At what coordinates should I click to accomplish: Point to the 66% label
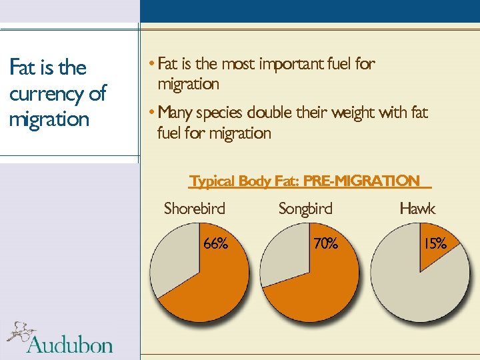click(x=215, y=244)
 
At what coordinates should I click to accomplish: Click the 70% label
click(x=325, y=244)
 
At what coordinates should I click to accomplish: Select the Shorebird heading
click(x=195, y=209)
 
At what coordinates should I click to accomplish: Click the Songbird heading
click(x=305, y=209)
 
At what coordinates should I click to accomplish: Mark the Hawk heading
click(x=417, y=209)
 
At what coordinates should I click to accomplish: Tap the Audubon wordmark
click(x=70, y=344)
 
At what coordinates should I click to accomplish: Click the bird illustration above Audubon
click(x=20, y=332)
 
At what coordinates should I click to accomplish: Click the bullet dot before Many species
click(x=153, y=111)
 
